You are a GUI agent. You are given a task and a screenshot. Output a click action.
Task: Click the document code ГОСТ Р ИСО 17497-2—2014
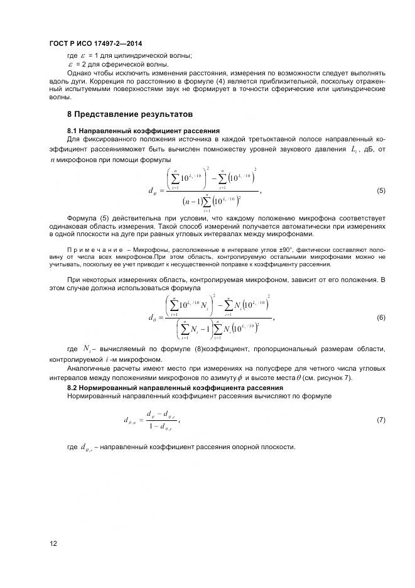coord(95,43)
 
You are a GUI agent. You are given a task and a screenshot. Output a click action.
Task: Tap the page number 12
coord(53,543)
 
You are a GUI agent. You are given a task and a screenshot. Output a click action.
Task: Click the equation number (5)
coord(380,190)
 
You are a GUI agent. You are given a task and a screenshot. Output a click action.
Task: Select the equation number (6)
coord(380,318)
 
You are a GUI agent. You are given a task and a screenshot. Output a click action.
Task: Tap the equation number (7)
coord(380,418)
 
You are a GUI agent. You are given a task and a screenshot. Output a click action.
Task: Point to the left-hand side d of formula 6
coord(151,318)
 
